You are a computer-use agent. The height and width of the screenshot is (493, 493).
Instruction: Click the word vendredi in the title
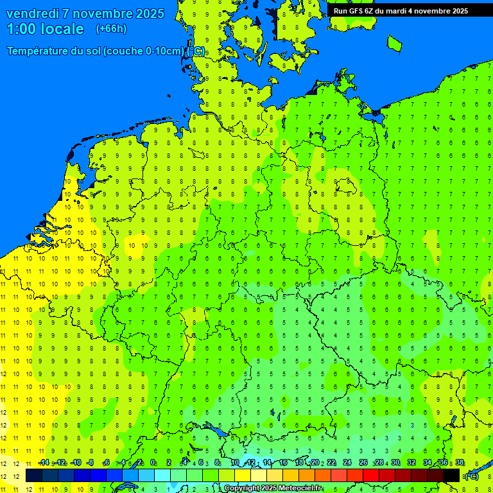(33, 13)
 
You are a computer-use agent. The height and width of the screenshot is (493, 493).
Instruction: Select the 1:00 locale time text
(45, 29)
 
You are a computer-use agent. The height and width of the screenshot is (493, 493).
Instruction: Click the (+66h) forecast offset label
(111, 29)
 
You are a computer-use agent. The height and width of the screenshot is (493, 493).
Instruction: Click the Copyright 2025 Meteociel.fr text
(273, 489)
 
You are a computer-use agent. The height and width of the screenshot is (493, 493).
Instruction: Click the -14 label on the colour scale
(44, 463)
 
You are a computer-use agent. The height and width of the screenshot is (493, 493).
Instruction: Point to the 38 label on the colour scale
(460, 463)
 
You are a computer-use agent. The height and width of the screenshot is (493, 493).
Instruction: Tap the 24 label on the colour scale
(347, 463)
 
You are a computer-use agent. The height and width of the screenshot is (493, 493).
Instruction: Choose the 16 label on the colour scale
(283, 463)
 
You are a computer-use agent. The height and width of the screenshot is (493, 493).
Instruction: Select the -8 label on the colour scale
(91, 463)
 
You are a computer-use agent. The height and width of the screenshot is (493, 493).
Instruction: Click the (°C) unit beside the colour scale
(471, 476)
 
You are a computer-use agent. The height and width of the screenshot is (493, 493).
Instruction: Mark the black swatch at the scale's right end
(451, 475)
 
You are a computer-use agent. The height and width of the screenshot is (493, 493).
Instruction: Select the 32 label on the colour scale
(411, 463)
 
